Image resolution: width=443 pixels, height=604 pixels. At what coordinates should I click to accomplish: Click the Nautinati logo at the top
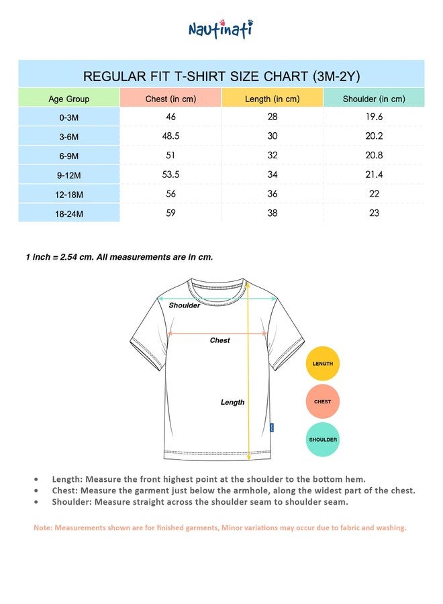220,29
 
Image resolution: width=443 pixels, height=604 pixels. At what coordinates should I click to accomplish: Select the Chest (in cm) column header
170,99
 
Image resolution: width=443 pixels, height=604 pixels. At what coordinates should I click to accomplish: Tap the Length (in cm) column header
272,99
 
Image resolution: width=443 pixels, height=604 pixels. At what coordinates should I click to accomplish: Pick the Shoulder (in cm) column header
374,99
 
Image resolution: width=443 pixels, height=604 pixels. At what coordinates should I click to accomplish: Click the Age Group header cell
68,99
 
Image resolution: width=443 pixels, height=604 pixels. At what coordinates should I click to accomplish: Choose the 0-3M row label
68,117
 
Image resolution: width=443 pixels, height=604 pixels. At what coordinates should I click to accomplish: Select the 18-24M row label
68,213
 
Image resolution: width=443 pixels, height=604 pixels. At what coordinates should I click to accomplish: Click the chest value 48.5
170,136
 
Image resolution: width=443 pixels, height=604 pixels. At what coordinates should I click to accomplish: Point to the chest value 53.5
170,174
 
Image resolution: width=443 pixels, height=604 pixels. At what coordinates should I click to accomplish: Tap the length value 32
272,155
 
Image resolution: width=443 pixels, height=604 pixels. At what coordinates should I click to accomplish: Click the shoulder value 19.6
374,117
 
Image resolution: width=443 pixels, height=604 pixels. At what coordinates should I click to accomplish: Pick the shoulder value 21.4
374,174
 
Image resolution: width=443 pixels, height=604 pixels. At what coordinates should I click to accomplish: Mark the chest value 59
170,213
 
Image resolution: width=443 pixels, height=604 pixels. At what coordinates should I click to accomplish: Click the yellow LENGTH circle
323,364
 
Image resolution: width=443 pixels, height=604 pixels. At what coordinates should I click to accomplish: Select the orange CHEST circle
323,402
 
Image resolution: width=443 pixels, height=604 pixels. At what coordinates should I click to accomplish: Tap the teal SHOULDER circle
323,440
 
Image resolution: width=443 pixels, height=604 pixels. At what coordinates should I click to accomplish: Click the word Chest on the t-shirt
219,340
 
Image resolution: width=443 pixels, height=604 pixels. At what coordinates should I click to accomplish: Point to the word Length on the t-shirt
232,402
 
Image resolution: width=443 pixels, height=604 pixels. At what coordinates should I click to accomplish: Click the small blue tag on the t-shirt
272,427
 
